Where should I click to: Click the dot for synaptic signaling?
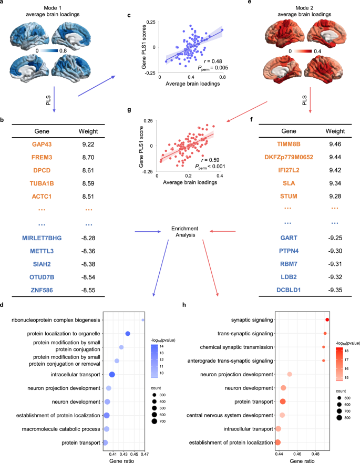(327, 320)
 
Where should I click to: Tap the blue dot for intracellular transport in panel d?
(112, 374)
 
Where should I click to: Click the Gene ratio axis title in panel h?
(301, 460)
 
